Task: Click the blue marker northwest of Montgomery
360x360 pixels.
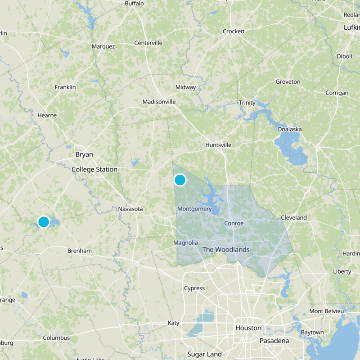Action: (180, 180)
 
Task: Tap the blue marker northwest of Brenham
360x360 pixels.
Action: (44, 222)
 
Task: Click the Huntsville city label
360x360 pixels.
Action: (218, 145)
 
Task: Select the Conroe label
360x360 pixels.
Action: (234, 223)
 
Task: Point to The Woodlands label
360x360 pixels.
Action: (225, 249)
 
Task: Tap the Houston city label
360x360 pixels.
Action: (248, 328)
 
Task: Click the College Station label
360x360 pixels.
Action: (94, 169)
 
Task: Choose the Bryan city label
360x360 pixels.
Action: (84, 154)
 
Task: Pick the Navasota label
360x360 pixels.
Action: (130, 209)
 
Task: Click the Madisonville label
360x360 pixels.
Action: (159, 102)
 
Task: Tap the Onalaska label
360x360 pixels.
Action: (289, 129)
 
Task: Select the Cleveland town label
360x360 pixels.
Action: (294, 217)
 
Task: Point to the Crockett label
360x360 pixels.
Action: (234, 31)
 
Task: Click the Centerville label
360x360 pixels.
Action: (148, 43)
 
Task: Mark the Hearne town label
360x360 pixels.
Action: (47, 115)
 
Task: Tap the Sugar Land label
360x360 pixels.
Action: (204, 354)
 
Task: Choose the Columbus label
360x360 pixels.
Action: (56, 337)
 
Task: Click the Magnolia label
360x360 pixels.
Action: (185, 243)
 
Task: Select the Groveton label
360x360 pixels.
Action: (288, 81)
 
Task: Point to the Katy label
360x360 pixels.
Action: (173, 323)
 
